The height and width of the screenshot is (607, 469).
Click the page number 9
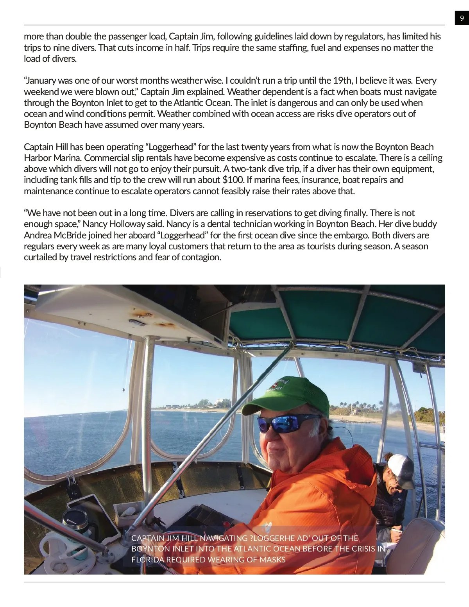pos(462,18)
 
